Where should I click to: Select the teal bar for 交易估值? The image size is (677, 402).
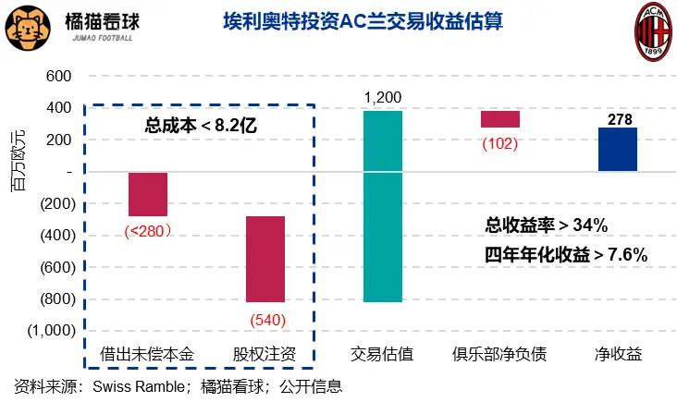pos(383,206)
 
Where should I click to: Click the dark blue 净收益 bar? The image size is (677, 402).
pos(618,149)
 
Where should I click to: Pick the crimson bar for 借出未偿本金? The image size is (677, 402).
pos(148,194)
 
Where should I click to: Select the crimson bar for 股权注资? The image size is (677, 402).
pos(265,259)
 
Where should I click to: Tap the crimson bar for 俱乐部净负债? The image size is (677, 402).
pos(500,119)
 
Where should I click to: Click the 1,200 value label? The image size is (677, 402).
pos(383,97)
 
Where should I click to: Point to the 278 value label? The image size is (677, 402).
pos(618,118)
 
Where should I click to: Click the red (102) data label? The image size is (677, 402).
pos(499,144)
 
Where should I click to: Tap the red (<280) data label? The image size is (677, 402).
pos(148,231)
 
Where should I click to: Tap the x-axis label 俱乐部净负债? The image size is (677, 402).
pos(499,355)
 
